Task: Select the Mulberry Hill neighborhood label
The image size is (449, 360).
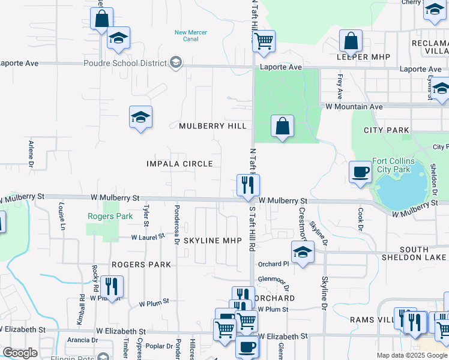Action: (212, 126)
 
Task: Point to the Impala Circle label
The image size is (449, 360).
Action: (179, 164)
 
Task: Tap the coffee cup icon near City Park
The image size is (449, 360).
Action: (360, 172)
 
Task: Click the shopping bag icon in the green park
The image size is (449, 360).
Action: (282, 127)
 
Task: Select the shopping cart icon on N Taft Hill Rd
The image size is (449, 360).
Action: (264, 41)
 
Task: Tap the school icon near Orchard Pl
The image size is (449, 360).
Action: (303, 253)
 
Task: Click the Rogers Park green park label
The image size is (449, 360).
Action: (101, 216)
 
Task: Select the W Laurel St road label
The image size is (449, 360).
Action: (148, 237)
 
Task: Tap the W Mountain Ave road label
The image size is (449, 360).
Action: (354, 106)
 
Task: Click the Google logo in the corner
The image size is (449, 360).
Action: (20, 353)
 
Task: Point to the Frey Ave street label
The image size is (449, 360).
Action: (340, 86)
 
